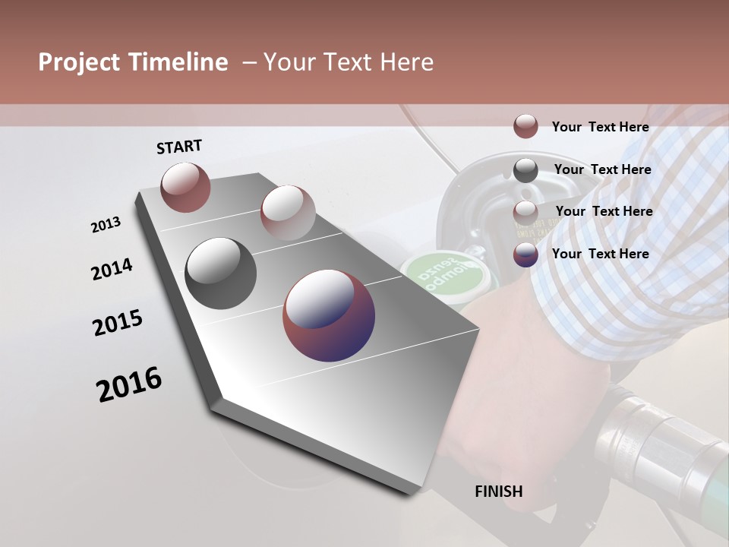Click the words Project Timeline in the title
tap(133, 62)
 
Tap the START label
tap(179, 147)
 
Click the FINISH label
tap(499, 492)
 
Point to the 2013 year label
tap(106, 224)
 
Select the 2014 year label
tap(112, 269)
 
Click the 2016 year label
tap(129, 384)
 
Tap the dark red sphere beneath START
tap(185, 187)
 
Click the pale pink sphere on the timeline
tap(288, 213)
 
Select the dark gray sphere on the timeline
tap(221, 273)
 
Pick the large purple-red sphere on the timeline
tap(329, 315)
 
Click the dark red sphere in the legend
tap(525, 126)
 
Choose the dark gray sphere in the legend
tap(525, 170)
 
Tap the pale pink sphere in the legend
tap(525, 213)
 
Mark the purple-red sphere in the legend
tap(525, 255)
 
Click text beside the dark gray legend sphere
tap(602, 169)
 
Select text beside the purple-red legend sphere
tap(600, 254)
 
